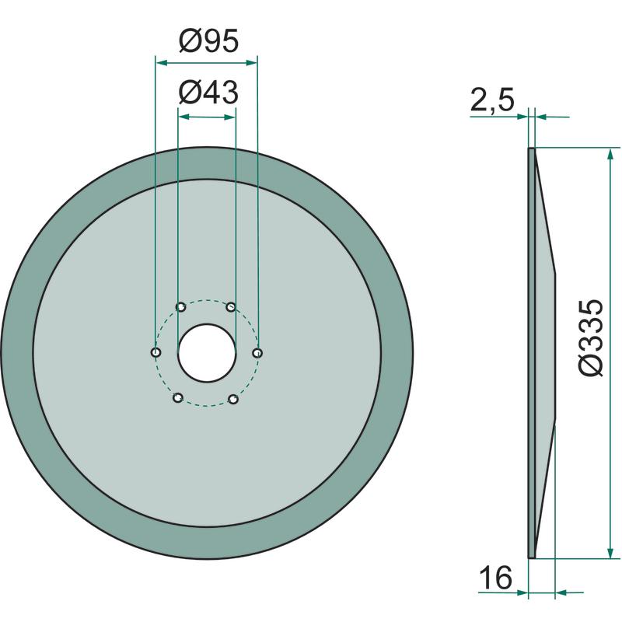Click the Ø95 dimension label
208,41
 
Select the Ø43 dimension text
208,93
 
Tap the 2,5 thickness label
492,100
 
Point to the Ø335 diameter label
591,337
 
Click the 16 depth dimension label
496,578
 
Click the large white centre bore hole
207,353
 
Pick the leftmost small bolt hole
156,352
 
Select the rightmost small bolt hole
258,353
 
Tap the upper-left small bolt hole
181,306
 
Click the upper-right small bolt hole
231,306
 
